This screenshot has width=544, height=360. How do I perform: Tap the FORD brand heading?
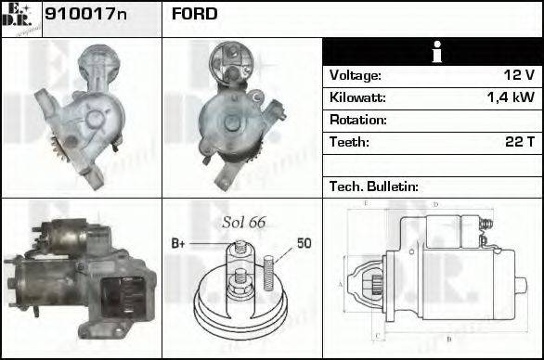point(194,14)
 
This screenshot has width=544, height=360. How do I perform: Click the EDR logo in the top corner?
point(19,18)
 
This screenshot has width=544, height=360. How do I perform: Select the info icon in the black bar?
point(432,52)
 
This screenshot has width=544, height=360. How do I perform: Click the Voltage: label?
point(355,75)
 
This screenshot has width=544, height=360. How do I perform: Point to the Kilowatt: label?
point(357,97)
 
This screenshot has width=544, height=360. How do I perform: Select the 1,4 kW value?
point(511,97)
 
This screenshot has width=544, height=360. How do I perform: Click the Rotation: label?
point(357,120)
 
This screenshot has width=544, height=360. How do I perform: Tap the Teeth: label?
point(349,142)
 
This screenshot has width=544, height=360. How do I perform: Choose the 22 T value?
point(517,142)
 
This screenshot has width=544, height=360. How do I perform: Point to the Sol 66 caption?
point(244,223)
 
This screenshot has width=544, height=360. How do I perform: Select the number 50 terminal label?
point(304,244)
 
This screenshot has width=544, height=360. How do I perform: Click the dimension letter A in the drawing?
point(341,284)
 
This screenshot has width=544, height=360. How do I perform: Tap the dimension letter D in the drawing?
point(435,204)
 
